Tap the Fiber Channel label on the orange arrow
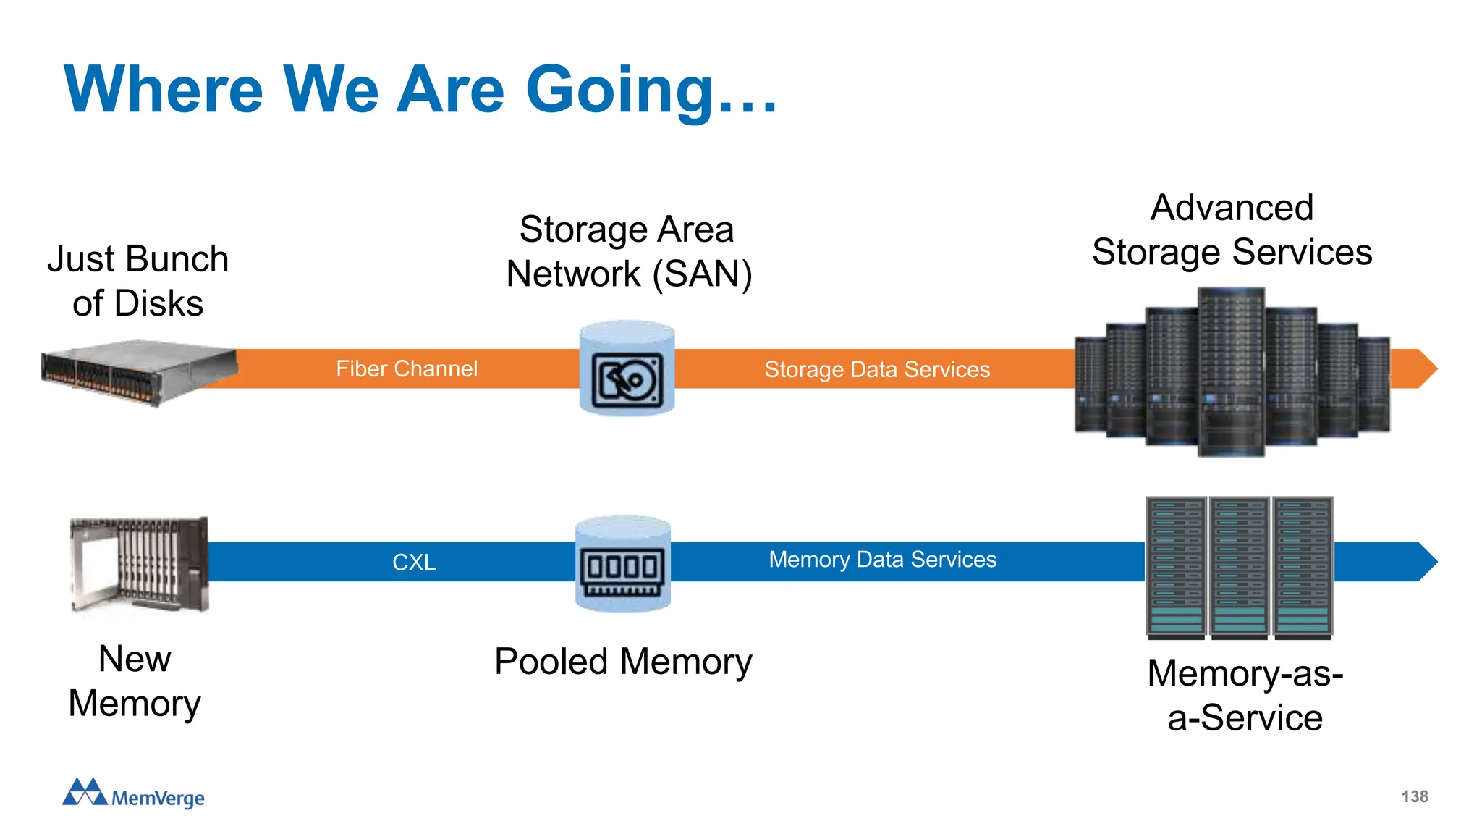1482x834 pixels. tap(407, 369)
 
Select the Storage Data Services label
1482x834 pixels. tap(877, 370)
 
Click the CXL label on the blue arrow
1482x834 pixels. tap(414, 563)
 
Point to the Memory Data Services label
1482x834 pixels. tap(882, 560)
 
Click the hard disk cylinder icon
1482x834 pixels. tap(627, 369)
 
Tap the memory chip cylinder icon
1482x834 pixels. tap(623, 564)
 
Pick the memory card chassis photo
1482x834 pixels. tap(139, 565)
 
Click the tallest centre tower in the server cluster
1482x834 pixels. tap(1231, 371)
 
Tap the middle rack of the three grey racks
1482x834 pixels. tap(1240, 567)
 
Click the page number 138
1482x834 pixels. tap(1414, 796)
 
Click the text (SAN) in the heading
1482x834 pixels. tap(702, 274)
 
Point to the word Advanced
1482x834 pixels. tap(1232, 208)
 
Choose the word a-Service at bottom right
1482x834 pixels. tap(1245, 718)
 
